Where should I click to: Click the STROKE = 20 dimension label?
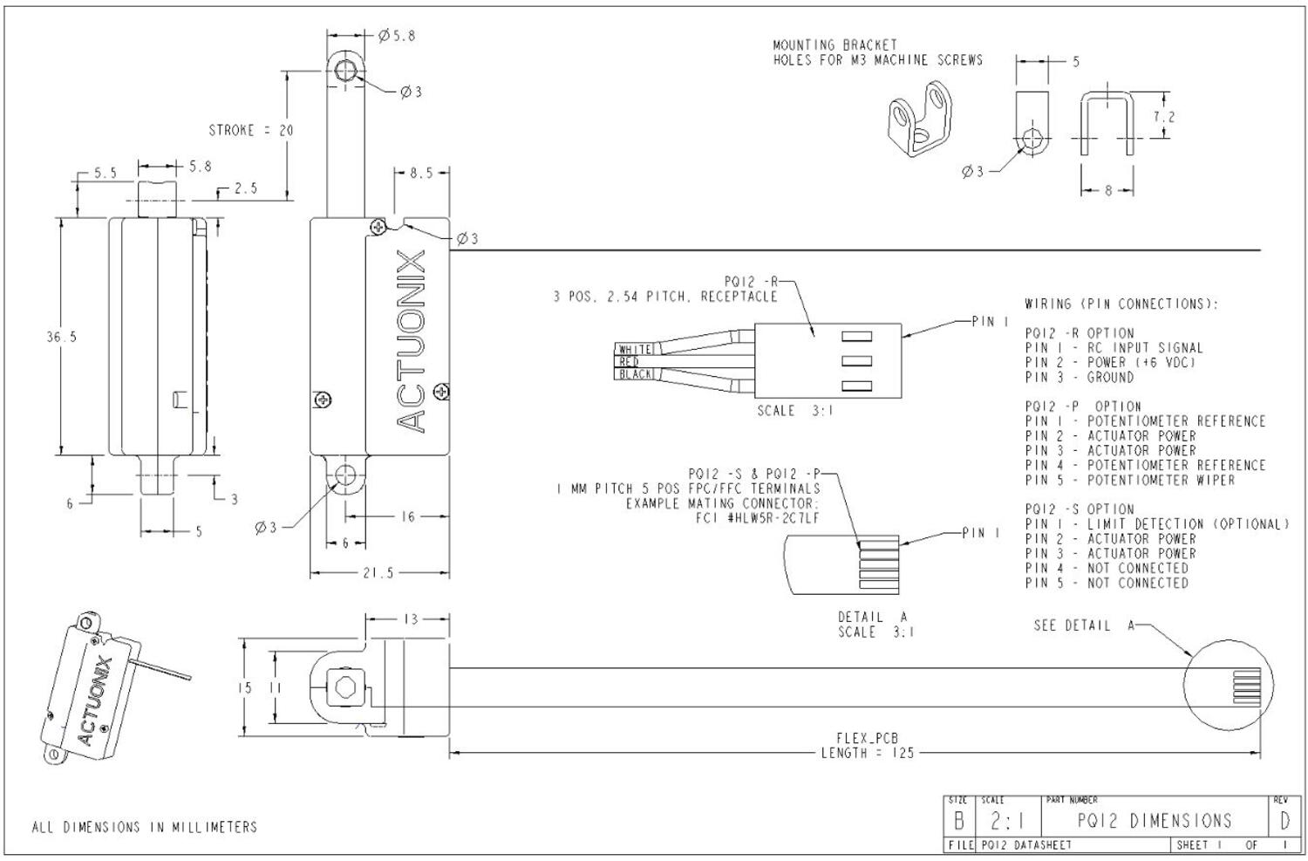[250, 131]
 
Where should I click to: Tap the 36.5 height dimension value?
[61, 337]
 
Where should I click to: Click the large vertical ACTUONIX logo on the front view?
[412, 340]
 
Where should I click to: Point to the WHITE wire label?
[635, 349]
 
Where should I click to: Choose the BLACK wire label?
[636, 374]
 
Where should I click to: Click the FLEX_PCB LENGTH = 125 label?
[867, 746]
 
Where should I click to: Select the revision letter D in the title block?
[1284, 821]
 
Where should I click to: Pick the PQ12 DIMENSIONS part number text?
[1154, 821]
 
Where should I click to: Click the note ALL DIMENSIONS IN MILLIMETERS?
[145, 827]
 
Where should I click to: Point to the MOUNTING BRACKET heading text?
[835, 44]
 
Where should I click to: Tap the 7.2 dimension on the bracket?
[1163, 117]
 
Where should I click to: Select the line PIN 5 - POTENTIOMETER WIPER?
[1129, 480]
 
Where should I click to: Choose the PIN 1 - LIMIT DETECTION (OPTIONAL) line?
[1156, 524]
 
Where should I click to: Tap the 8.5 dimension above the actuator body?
[421, 174]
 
